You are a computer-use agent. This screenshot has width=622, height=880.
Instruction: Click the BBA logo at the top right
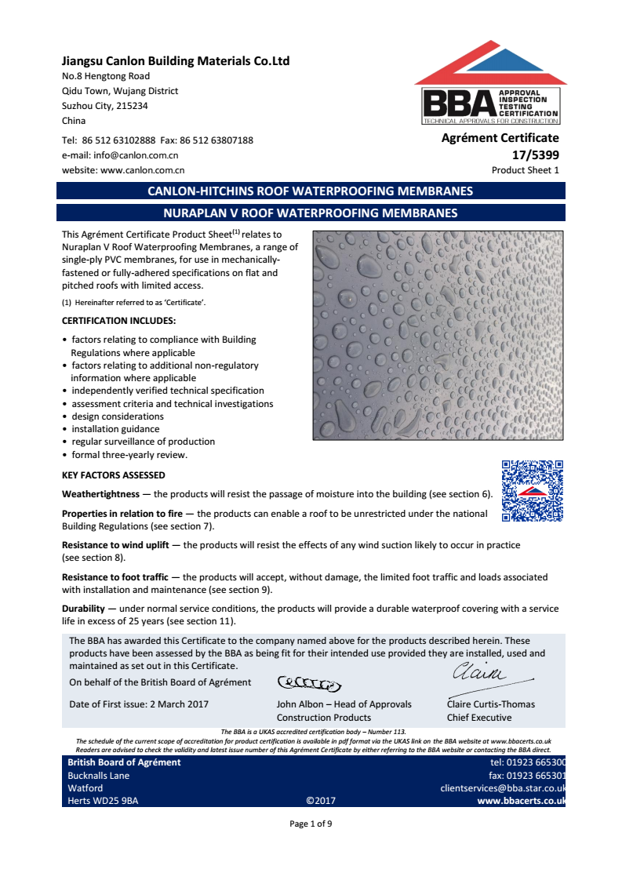(x=491, y=86)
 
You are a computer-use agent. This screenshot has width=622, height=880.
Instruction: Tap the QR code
(x=533, y=491)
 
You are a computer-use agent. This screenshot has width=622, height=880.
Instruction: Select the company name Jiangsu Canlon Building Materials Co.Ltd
(x=176, y=61)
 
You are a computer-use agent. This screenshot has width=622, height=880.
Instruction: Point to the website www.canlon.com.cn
(x=142, y=169)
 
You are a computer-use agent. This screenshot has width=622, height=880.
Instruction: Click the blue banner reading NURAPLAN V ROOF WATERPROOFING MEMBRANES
(x=311, y=213)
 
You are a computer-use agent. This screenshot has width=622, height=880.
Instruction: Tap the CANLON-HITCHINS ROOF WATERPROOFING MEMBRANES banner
(x=311, y=191)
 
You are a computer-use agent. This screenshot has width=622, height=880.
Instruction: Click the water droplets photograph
(x=438, y=335)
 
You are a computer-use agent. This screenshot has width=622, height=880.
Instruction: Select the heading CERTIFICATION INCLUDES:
(x=118, y=321)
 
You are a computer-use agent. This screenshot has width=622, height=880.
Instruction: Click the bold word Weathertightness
(x=104, y=494)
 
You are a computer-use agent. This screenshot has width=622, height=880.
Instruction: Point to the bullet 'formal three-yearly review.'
(x=129, y=454)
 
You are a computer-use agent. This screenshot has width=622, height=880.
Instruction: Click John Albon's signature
(x=309, y=683)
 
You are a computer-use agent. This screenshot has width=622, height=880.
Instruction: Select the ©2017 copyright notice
(x=321, y=801)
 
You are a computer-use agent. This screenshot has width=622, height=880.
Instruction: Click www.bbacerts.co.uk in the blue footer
(x=521, y=801)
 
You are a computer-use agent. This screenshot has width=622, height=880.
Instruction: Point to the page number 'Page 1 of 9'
(x=311, y=824)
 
